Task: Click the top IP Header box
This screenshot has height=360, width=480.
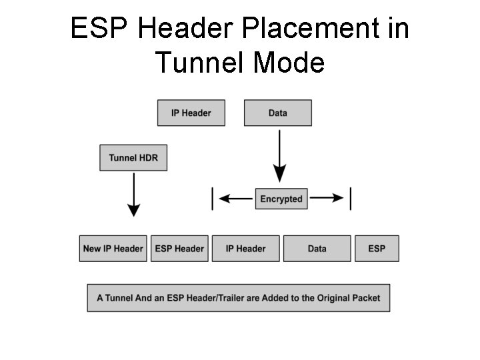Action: [x=191, y=113]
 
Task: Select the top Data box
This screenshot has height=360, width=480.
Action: [x=277, y=113]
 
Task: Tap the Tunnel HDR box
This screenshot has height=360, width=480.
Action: [x=133, y=158]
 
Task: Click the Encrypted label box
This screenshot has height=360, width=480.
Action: [x=281, y=199]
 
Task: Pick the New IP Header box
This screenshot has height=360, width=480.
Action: [x=113, y=249]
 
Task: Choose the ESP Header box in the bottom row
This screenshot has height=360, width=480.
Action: [x=179, y=249]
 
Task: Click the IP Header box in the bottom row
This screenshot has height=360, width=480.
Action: [x=245, y=249]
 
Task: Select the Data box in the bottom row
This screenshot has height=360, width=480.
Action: [x=317, y=249]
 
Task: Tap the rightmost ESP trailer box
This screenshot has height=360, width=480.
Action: [x=377, y=249]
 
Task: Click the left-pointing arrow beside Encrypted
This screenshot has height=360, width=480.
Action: [x=235, y=199]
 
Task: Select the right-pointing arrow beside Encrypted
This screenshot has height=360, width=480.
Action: [x=327, y=199]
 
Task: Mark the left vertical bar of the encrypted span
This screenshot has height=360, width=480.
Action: [x=213, y=199]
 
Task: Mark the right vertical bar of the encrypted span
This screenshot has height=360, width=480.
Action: [x=351, y=199]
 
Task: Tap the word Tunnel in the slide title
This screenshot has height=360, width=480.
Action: [x=199, y=63]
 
